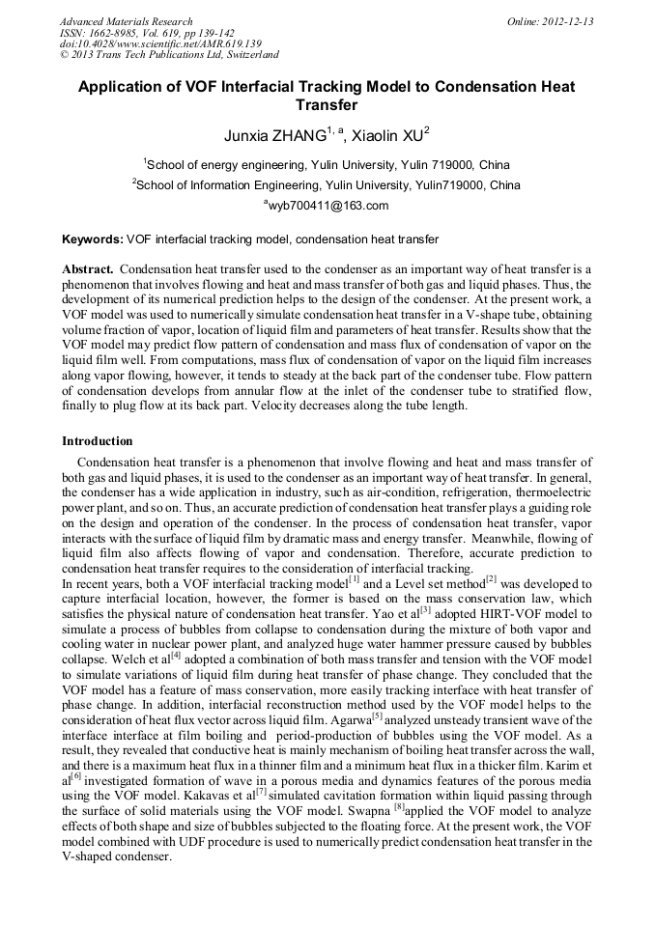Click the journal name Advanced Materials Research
click(x=126, y=21)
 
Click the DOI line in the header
click(x=146, y=44)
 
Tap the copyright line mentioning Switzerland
click(x=169, y=56)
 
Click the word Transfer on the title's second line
click(x=327, y=105)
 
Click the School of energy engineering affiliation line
click(x=327, y=165)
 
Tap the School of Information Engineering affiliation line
click(x=327, y=185)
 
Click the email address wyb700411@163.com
click(x=327, y=206)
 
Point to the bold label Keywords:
click(x=93, y=239)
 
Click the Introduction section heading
click(x=97, y=441)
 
